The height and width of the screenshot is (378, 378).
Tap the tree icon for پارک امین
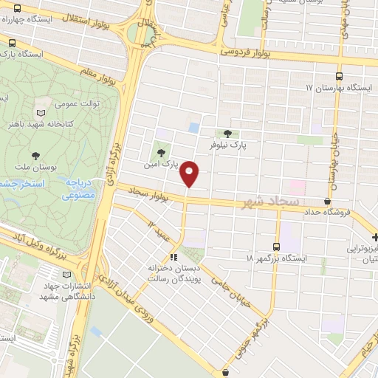(x=162, y=153)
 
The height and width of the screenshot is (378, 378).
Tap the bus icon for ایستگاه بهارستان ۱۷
(x=339, y=76)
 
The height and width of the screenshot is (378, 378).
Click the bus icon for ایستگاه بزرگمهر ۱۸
(x=276, y=247)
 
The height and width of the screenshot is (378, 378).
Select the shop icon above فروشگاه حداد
(x=327, y=200)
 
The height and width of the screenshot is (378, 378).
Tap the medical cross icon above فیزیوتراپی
(x=375, y=237)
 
